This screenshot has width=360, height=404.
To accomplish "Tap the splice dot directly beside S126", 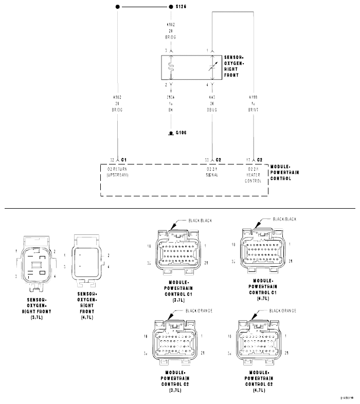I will pyautogui.click(x=171, y=7).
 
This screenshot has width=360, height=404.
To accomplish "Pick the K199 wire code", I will pyautogui.click(x=253, y=97).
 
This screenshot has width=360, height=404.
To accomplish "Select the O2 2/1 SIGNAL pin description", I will pyautogui.click(x=212, y=172).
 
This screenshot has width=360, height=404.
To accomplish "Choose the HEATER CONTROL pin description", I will pyautogui.click(x=253, y=175).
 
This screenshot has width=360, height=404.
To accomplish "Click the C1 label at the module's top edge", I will pyautogui.click(x=123, y=160).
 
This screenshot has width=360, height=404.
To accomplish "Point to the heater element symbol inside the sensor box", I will pyautogui.click(x=171, y=66).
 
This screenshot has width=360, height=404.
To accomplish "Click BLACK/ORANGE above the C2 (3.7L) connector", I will pyautogui.click(x=199, y=311).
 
